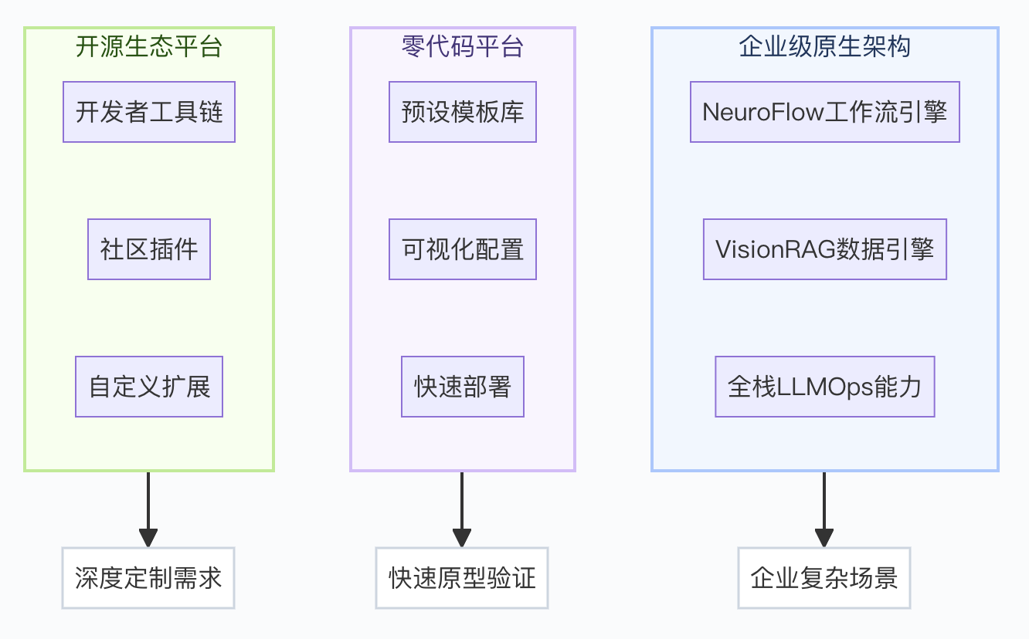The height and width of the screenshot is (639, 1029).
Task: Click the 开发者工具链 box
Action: coord(148,112)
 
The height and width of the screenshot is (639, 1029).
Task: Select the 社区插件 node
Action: coord(148,249)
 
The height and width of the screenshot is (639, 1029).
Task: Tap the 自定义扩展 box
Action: coord(148,387)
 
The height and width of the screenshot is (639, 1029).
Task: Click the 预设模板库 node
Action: coord(462,112)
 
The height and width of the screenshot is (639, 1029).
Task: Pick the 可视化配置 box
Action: coord(462,249)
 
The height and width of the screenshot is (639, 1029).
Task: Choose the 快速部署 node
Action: coord(462,387)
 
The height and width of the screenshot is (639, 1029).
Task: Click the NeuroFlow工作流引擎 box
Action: coord(824,112)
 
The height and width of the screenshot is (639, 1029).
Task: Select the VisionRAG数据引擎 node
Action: coord(824,249)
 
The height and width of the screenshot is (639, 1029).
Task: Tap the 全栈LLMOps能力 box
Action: coord(824,387)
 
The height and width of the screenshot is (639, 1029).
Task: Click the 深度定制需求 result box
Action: coord(148,578)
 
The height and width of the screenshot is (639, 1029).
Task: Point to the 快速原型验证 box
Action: coord(462,578)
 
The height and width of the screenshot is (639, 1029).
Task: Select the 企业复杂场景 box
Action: coord(824,578)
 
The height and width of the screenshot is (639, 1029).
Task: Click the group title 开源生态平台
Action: coord(148,47)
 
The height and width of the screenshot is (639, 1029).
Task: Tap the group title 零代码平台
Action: coord(462,47)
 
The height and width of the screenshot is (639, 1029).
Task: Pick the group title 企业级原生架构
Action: coord(824,47)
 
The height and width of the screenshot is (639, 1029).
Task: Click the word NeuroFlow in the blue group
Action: coord(762,112)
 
